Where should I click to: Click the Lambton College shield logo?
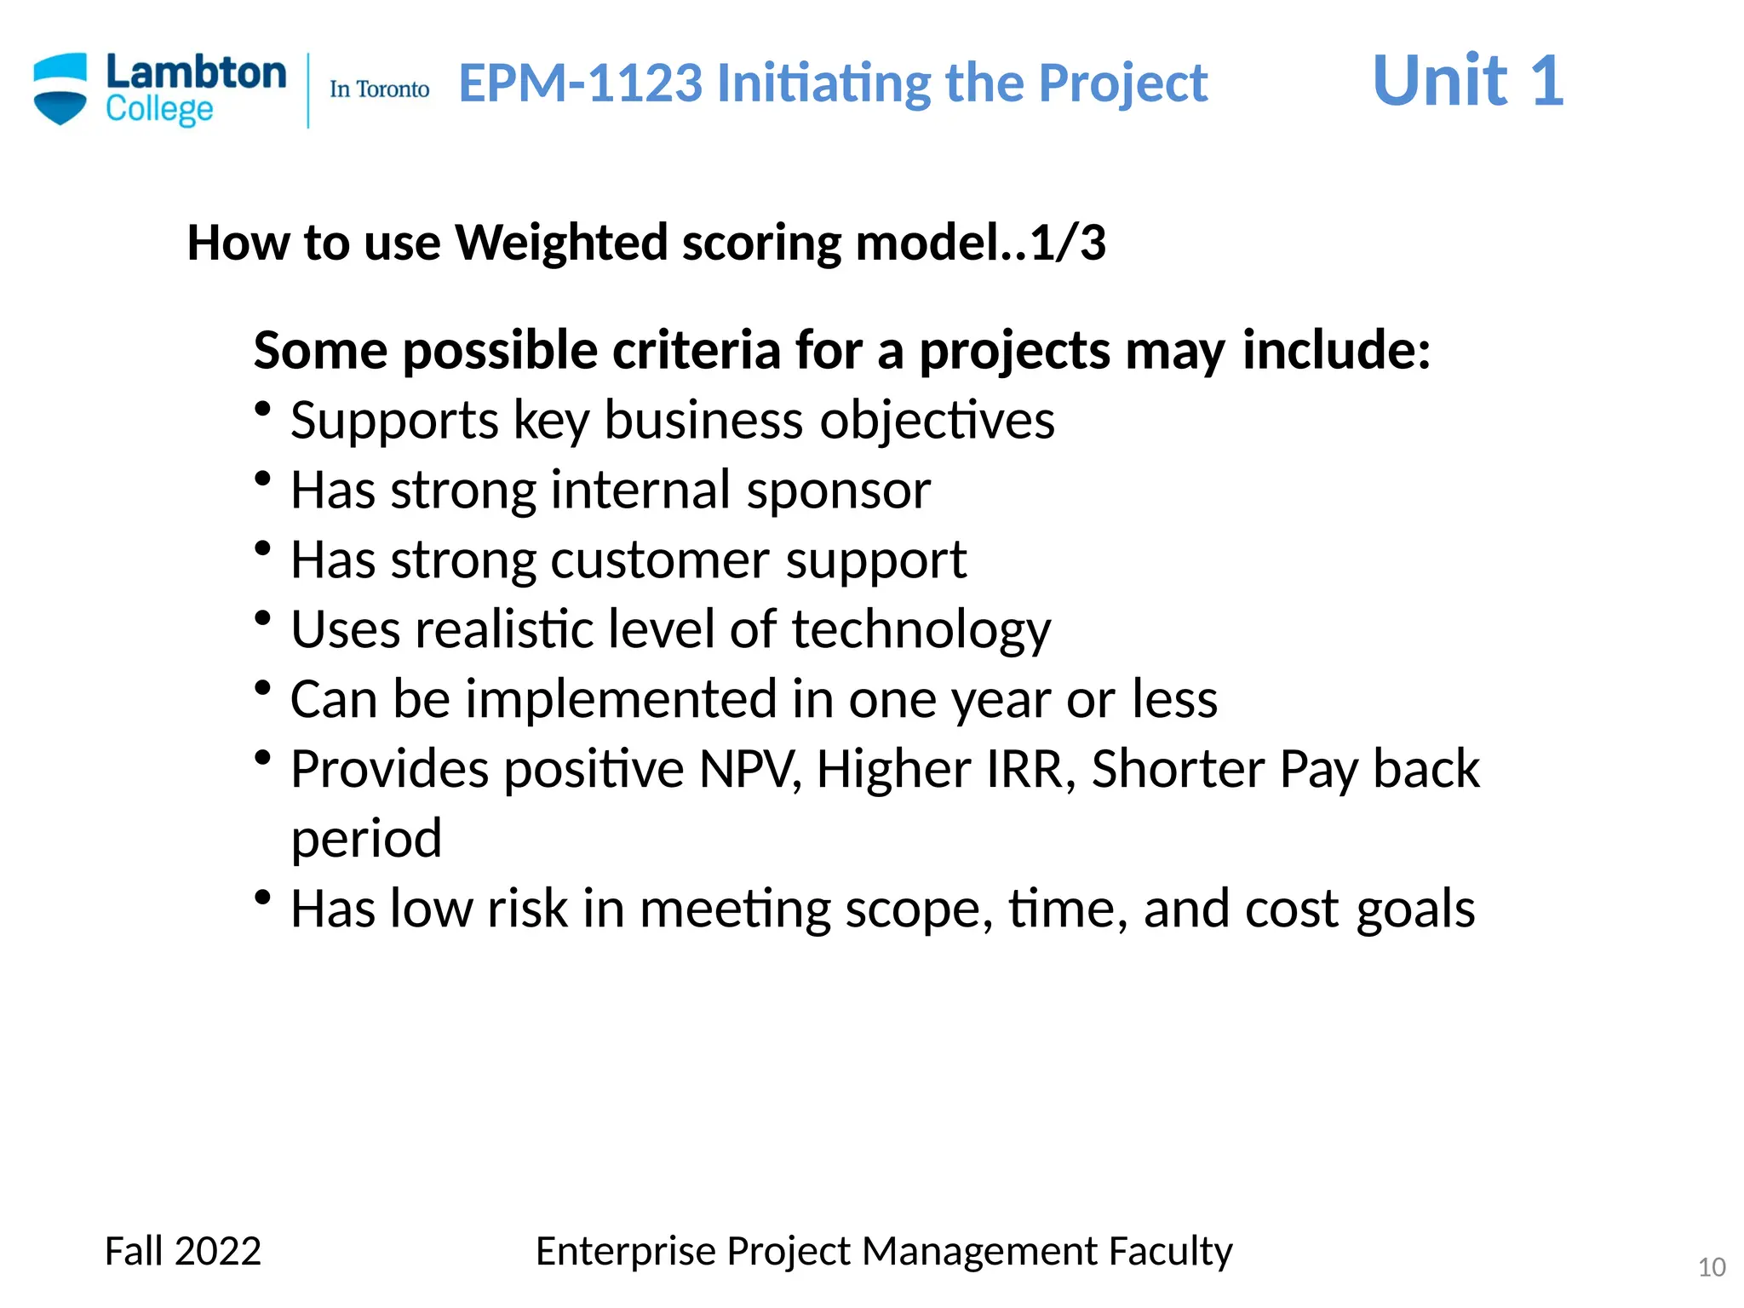click(x=60, y=89)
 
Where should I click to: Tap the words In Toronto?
click(x=379, y=89)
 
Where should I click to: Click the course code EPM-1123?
click(x=581, y=83)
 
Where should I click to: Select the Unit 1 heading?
click(x=1467, y=81)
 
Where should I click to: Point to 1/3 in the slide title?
click(x=1068, y=243)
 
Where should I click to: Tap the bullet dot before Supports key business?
click(x=263, y=409)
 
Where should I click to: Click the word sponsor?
click(x=838, y=491)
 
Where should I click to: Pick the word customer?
click(x=660, y=560)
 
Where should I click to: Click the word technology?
click(x=921, y=631)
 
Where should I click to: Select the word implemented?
click(x=621, y=700)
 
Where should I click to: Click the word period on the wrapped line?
click(x=366, y=840)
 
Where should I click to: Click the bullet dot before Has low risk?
click(x=263, y=897)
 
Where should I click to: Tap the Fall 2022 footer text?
click(x=182, y=1252)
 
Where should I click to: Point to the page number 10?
click(x=1711, y=1267)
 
